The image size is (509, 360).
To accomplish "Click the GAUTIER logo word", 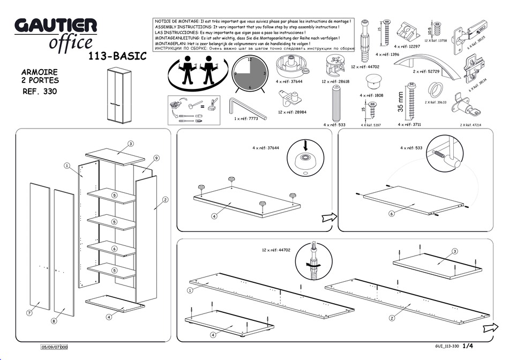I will [x=56, y=25].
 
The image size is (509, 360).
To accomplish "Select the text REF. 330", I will [x=40, y=91].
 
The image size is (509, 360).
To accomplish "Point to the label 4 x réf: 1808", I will [x=371, y=95].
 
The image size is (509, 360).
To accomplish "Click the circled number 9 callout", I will [x=156, y=158].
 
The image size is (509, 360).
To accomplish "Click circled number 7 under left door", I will [x=30, y=311].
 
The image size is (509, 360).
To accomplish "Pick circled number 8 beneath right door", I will [x=54, y=321].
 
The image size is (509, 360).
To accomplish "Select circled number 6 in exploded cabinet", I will [x=114, y=249].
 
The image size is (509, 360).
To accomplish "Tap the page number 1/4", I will [x=468, y=346].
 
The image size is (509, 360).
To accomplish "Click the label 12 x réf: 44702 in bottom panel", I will [x=276, y=250].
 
